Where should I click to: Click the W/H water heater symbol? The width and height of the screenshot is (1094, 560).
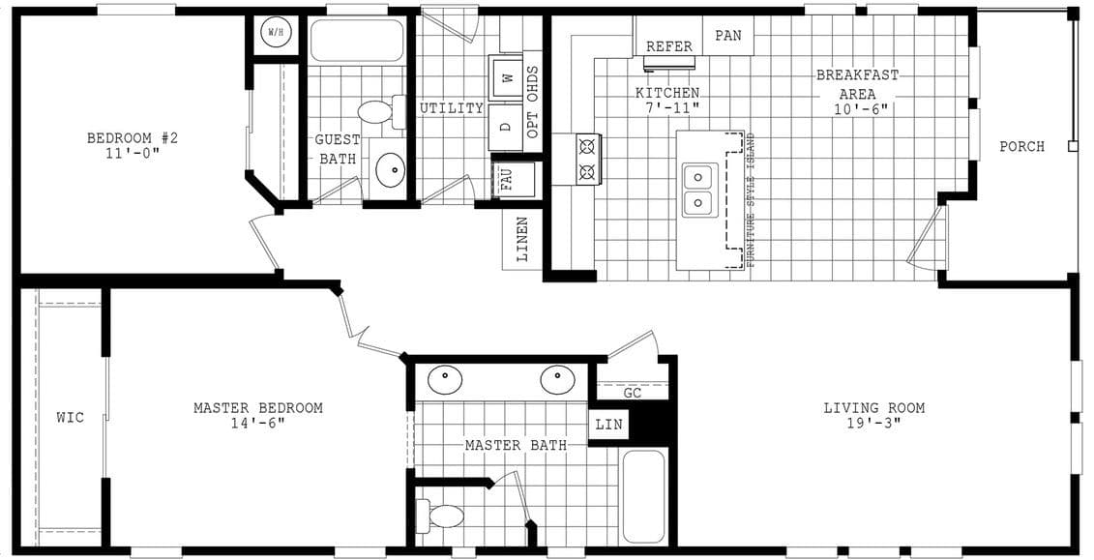coord(276,34)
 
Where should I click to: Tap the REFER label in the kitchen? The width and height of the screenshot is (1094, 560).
coord(669,46)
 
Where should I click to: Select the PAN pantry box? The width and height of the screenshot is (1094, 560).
coord(727,36)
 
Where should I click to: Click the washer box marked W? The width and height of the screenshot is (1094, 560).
coord(507,78)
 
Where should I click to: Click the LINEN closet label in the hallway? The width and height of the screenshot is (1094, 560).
coord(521,239)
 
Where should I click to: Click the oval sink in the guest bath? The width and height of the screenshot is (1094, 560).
coord(391,169)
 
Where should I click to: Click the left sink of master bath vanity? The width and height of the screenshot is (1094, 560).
coord(445,379)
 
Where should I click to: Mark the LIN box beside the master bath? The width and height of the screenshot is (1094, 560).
coord(608,424)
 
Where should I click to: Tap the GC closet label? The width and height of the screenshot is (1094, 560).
coord(633,393)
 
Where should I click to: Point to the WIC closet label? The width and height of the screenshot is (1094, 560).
coord(70,418)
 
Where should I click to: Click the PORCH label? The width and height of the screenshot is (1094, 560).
coord(1021,147)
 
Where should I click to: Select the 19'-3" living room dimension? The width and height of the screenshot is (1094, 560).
coord(873,425)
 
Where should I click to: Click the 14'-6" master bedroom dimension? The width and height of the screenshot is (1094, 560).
coord(257,425)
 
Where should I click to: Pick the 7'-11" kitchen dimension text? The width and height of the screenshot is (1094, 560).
coord(667,108)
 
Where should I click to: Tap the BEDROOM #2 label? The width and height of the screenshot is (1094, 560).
coord(133,138)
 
